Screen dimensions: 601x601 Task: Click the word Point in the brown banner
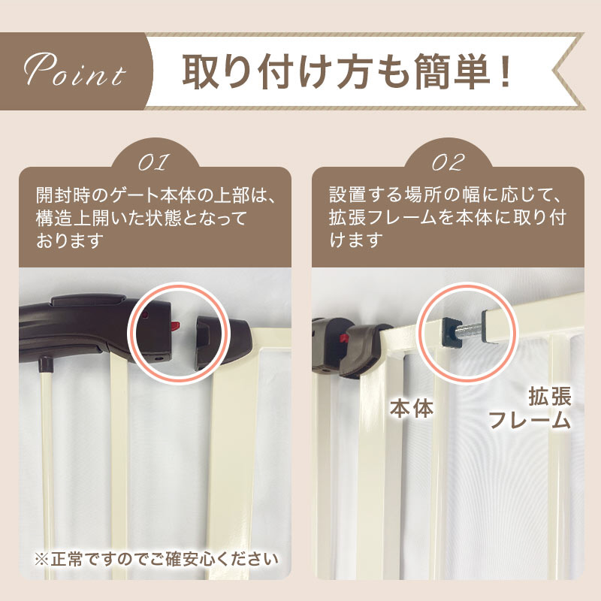pyautogui.click(x=74, y=69)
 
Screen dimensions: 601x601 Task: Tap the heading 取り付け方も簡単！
pyautogui.click(x=347, y=71)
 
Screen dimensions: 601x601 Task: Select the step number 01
pyautogui.click(x=154, y=162)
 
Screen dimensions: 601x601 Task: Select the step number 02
pyautogui.click(x=448, y=162)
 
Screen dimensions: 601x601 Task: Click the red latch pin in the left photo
pyautogui.click(x=175, y=327)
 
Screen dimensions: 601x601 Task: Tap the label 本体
pyautogui.click(x=412, y=408)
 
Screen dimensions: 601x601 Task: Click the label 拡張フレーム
pyautogui.click(x=530, y=408)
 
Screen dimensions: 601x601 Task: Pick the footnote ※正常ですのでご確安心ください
pyautogui.click(x=156, y=559)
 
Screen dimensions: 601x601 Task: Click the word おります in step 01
pyautogui.click(x=70, y=240)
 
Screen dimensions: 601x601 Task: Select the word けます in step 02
pyautogui.click(x=356, y=240)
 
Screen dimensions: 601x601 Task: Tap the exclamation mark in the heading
pyautogui.click(x=505, y=71)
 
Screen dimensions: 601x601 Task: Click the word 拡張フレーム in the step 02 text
pyautogui.click(x=383, y=217)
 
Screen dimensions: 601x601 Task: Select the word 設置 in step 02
pyautogui.click(x=347, y=195)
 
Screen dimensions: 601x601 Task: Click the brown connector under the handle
pyautogui.click(x=45, y=364)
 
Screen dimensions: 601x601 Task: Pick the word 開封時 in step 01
pyautogui.click(x=64, y=195)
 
